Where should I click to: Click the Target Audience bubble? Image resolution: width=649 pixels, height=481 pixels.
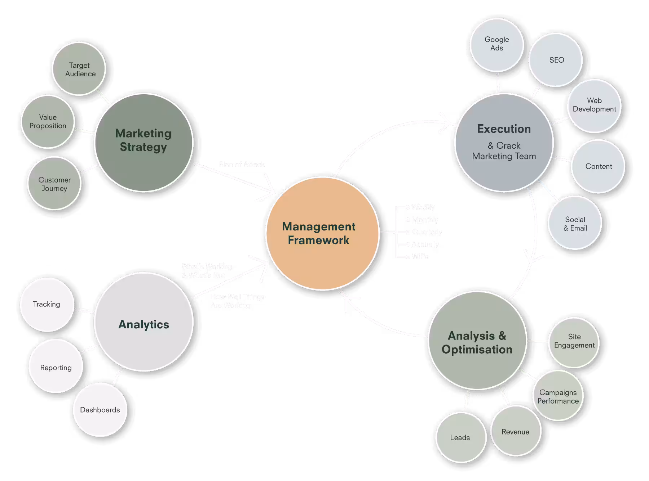79,69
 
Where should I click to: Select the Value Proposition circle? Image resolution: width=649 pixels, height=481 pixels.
48,122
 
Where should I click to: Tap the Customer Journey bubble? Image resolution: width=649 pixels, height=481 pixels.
54,184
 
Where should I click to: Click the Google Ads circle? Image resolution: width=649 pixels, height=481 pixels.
496,44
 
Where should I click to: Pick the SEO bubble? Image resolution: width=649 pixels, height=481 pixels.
556,60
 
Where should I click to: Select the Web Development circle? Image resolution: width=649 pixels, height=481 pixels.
594,105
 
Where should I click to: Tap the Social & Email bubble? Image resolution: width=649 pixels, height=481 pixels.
575,223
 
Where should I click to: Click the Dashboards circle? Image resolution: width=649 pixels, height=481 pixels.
100,410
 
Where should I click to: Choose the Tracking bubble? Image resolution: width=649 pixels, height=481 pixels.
47,304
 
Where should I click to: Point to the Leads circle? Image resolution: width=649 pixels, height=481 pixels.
460,437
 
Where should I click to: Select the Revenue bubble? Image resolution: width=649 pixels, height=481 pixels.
516,431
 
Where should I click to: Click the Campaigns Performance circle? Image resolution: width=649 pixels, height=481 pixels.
558,396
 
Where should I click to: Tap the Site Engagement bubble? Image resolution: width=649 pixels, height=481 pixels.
574,341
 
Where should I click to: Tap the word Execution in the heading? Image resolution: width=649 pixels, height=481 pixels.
504,129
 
